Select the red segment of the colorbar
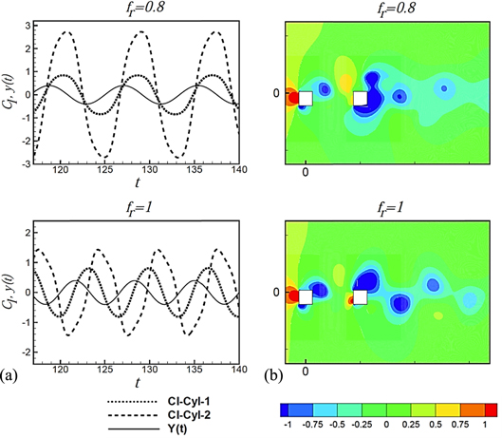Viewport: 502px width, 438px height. click(490, 409)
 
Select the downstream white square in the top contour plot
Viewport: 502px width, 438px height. click(360, 98)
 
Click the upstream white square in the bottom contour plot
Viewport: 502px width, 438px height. click(305, 297)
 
